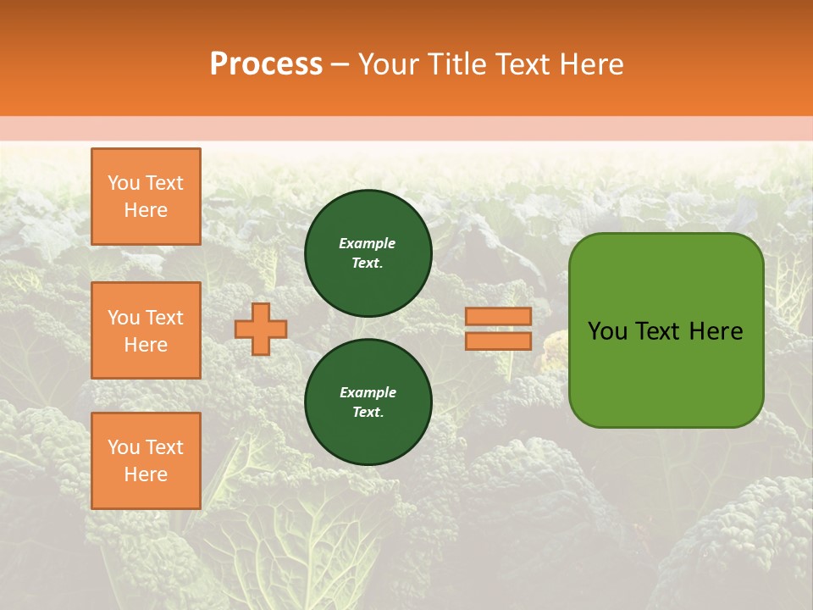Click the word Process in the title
(266, 64)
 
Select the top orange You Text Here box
(146, 197)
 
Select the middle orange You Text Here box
(146, 330)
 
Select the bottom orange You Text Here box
(146, 461)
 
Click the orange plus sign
(261, 329)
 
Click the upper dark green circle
(368, 253)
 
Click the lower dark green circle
(368, 402)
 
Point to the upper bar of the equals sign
(498, 316)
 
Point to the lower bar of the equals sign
(498, 341)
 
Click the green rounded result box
(666, 330)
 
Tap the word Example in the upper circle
(367, 243)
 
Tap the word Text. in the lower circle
(368, 413)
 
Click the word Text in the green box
(658, 330)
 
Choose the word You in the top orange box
(124, 183)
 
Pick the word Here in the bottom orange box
(146, 474)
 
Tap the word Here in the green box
(716, 330)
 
